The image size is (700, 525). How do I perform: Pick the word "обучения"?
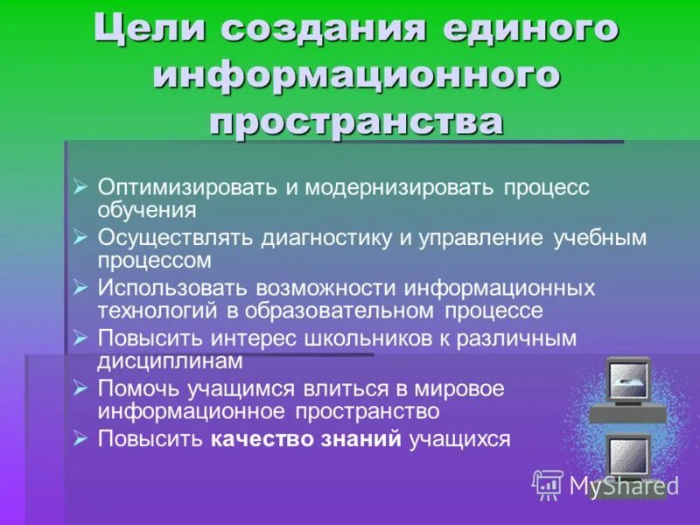point(146,210)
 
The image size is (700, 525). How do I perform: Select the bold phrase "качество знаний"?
point(306,439)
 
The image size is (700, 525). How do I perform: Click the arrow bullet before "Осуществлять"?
point(80,237)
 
